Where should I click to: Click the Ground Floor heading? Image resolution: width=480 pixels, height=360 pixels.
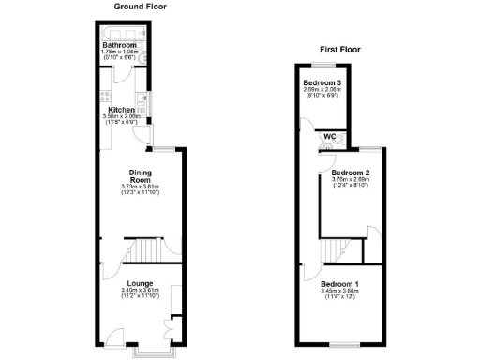coord(141,6)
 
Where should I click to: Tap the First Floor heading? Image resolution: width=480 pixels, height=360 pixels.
coord(338,50)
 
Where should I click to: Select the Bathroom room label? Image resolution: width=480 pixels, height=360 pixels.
coord(119,45)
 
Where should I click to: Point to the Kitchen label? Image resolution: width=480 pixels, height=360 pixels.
coord(123,109)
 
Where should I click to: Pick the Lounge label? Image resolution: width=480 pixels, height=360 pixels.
coord(141,283)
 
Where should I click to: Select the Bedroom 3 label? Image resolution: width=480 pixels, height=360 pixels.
coord(322,83)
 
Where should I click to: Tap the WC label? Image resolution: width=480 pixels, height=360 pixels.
coord(330,137)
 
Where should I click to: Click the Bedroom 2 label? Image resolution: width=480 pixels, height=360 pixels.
coord(350,173)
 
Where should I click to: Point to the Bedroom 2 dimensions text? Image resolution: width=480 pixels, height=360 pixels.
coord(350,183)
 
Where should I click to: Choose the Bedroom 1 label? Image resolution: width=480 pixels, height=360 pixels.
coord(338,283)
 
